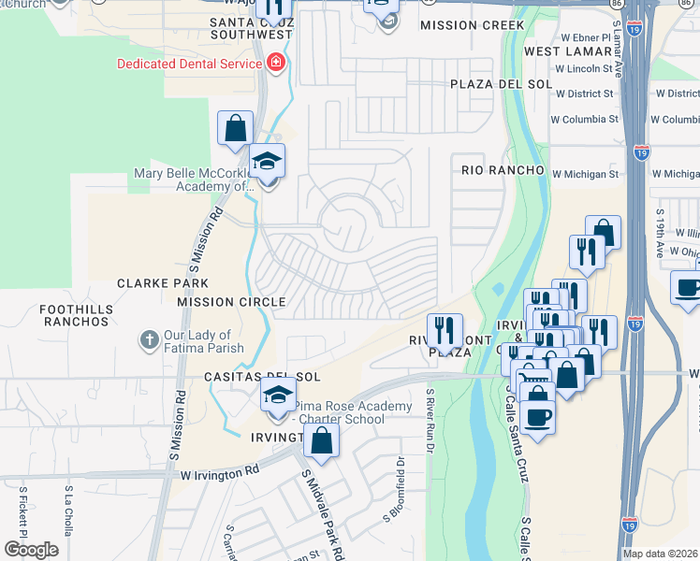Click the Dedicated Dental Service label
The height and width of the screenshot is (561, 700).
tap(188, 64)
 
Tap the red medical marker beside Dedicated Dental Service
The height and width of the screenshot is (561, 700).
tap(275, 64)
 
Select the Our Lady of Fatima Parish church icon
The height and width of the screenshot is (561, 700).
tap(149, 340)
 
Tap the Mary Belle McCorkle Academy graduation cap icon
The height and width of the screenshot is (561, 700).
tap(268, 162)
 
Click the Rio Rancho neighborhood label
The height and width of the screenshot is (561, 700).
tap(503, 170)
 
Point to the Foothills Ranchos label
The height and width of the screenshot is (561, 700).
tap(76, 315)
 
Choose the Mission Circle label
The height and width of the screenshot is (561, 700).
tap(231, 302)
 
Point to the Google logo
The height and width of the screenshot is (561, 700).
tap(31, 550)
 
